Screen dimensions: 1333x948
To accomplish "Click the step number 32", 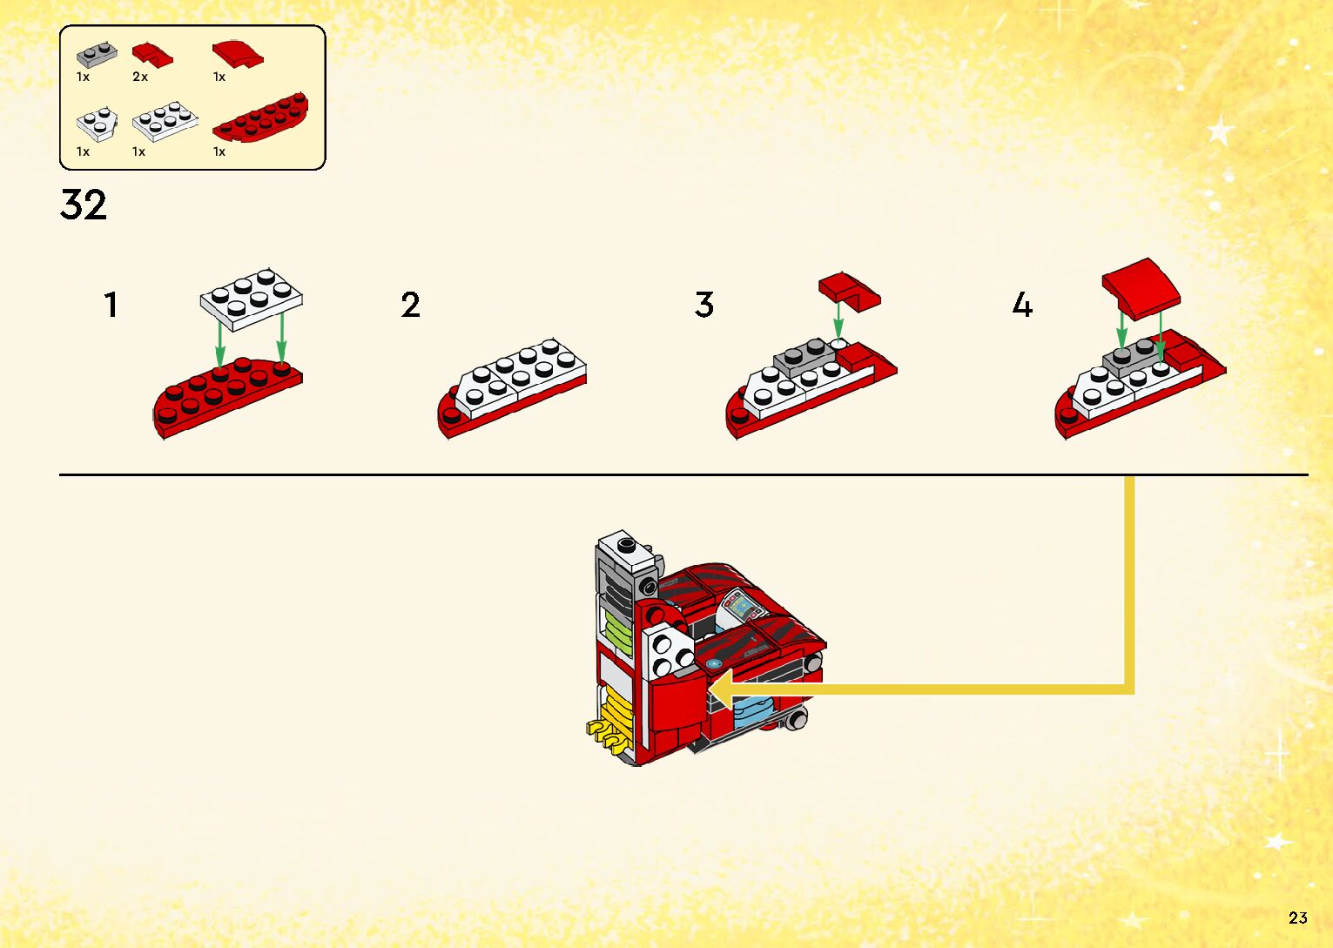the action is tap(84, 205).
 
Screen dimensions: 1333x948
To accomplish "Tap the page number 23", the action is tap(1297, 918).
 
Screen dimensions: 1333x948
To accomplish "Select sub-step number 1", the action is tap(111, 305).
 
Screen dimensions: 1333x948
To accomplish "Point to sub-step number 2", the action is tap(410, 305).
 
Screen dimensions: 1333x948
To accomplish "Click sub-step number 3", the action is tap(704, 305).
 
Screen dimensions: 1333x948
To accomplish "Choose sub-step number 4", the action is tap(1022, 305).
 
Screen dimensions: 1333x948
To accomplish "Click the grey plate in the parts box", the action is tap(97, 54).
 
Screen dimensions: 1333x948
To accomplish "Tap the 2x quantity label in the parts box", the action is tap(140, 77).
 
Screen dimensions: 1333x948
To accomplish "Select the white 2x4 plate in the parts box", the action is tap(165, 122).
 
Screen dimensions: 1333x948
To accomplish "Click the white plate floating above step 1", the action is tap(252, 298).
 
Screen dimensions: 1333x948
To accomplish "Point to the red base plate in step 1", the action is tap(226, 396).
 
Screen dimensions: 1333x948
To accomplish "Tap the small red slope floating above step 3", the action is tap(849, 291).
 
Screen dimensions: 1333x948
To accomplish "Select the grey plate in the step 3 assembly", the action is tap(805, 358).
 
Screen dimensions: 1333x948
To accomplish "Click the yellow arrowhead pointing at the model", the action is tap(721, 689).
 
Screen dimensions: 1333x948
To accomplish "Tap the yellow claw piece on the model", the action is tap(608, 733).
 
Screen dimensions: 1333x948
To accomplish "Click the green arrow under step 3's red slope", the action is tap(838, 322).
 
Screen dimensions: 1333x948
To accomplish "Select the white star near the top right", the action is tap(1221, 131).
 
